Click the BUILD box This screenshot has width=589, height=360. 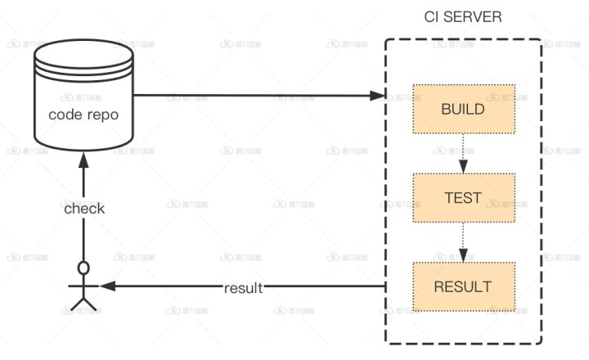point(463,109)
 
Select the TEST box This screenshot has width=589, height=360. point(463,197)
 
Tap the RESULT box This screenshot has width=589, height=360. point(463,286)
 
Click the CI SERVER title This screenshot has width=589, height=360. point(463,17)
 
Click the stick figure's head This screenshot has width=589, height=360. point(83,268)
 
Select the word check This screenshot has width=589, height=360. point(84,209)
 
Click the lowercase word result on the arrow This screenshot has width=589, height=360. point(244,288)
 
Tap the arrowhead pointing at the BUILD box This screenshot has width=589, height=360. point(380,96)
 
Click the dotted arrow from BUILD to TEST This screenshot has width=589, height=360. point(463,151)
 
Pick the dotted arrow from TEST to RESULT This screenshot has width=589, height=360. point(463,241)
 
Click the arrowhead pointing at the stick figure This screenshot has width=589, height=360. point(106,286)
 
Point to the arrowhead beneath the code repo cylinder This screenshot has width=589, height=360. point(83,162)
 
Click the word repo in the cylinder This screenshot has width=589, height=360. point(102,115)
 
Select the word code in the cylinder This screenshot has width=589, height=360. point(65,115)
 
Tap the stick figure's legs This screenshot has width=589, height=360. point(83,303)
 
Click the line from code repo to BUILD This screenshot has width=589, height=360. point(254,96)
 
